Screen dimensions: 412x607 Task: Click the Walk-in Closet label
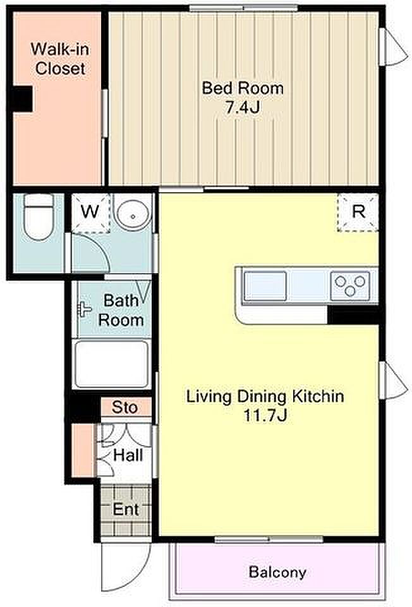coord(60,59)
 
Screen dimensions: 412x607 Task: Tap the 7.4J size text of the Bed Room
coord(243,107)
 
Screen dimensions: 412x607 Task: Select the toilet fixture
coord(39,216)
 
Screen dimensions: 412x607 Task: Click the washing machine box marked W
coord(91,212)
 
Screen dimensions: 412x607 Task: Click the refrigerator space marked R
coord(358,212)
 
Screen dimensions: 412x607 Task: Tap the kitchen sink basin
coord(265,286)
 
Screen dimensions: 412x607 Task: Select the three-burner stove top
coord(350,285)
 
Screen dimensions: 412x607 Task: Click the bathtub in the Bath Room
coord(111,364)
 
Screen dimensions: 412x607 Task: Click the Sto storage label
coord(124,407)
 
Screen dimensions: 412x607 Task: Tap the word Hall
coord(128,455)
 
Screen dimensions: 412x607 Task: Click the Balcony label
coord(277,572)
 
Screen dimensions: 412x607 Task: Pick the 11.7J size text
coord(265,416)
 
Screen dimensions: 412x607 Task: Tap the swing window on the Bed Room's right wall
coord(392,46)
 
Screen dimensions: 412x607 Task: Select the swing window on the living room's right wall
coord(392,380)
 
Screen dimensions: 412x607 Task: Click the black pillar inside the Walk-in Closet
coord(22,99)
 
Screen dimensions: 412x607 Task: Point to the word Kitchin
coord(318,396)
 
